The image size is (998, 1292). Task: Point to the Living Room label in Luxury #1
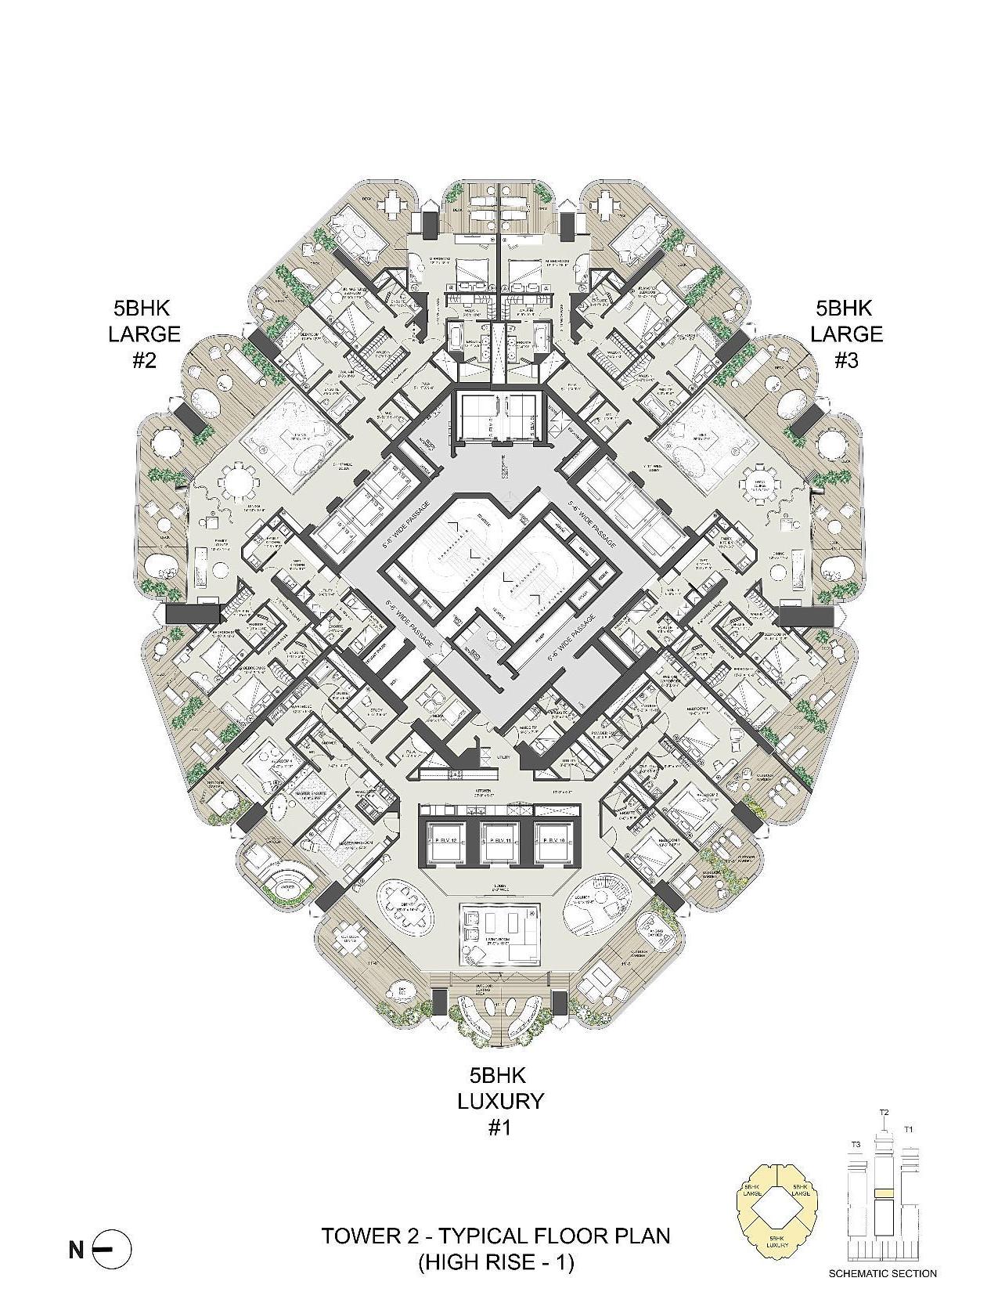coord(501,944)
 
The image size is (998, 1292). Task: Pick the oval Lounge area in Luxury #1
coord(593,907)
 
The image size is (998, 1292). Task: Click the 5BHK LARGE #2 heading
coord(144,334)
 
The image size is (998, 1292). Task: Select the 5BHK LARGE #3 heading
coord(846,334)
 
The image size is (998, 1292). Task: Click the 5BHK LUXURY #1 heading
coord(500,1100)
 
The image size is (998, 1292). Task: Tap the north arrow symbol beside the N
coord(111,1250)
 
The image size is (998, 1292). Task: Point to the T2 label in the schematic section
coord(884,1113)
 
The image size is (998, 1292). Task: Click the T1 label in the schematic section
coord(908,1129)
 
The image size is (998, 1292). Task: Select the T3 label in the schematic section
coord(856,1144)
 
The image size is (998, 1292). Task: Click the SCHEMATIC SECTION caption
coord(882,1273)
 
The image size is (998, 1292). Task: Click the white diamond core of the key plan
coord(778,1209)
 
